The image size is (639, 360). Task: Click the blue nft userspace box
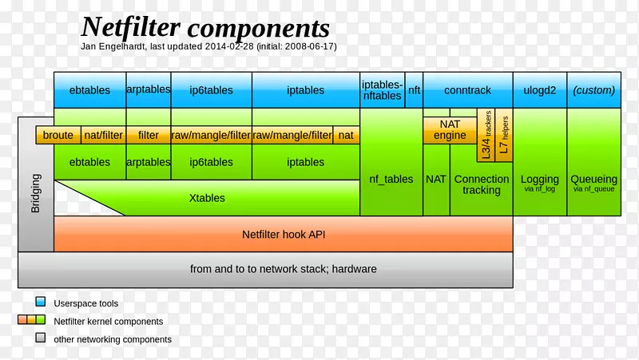tap(414, 90)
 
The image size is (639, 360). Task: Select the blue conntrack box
tap(467, 90)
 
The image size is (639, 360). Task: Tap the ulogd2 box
tap(539, 90)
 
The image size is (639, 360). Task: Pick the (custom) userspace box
tap(593, 90)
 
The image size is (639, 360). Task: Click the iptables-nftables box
tap(382, 90)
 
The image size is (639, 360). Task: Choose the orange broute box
tap(58, 136)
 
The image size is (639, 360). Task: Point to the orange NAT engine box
tap(450, 130)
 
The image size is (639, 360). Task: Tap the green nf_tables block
tap(391, 180)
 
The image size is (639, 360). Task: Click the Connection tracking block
tap(481, 184)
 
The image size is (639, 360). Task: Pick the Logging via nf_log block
tap(539, 183)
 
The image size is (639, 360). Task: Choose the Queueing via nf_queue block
tap(594, 183)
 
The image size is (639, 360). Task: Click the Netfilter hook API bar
tap(283, 235)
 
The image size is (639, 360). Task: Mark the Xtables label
tap(207, 198)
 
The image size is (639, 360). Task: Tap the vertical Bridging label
tap(36, 194)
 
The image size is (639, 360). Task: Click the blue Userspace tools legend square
tap(40, 303)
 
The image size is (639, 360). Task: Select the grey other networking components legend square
tap(40, 338)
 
